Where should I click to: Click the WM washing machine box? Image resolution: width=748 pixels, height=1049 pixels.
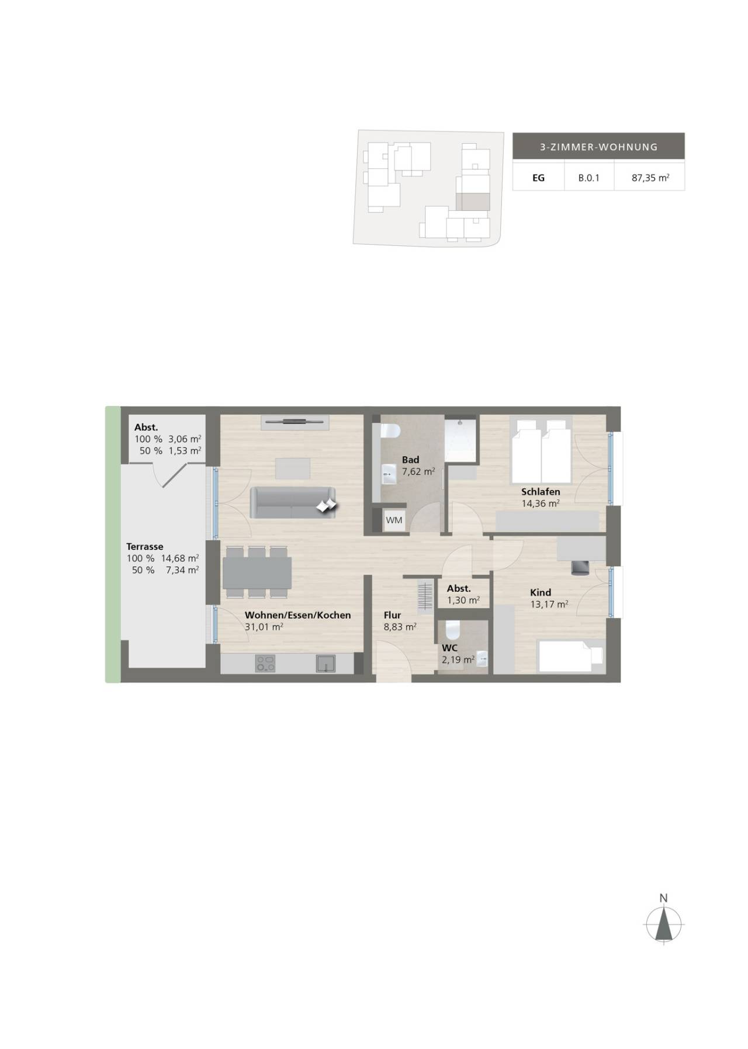point(394,520)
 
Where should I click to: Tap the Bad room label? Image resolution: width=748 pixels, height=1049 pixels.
point(410,460)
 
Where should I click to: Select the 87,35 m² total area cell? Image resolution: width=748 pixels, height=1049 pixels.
point(650,178)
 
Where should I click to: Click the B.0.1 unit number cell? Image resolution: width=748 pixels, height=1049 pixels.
point(588,178)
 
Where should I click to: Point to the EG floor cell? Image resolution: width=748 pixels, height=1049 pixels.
point(538,178)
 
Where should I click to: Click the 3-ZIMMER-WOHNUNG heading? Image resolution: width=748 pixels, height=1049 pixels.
point(598,147)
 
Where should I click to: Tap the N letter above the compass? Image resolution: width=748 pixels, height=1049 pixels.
point(663,898)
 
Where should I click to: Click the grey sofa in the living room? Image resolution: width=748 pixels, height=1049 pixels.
point(293,502)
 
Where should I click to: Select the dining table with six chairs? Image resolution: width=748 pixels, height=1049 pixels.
point(257,572)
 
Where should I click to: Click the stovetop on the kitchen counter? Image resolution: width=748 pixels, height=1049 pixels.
point(265,664)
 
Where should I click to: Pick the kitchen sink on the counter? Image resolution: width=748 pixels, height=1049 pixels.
point(325,664)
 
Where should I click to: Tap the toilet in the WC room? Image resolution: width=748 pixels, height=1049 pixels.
point(453,630)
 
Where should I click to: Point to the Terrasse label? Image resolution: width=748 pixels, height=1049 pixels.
point(145,547)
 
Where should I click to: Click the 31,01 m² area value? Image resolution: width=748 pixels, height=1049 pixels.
point(264,627)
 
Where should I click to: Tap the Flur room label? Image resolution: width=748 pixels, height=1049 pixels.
point(392,615)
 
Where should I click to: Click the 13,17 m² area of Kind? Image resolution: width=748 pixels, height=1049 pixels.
point(549,605)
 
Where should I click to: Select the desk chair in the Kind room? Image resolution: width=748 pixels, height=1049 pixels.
point(580,567)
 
